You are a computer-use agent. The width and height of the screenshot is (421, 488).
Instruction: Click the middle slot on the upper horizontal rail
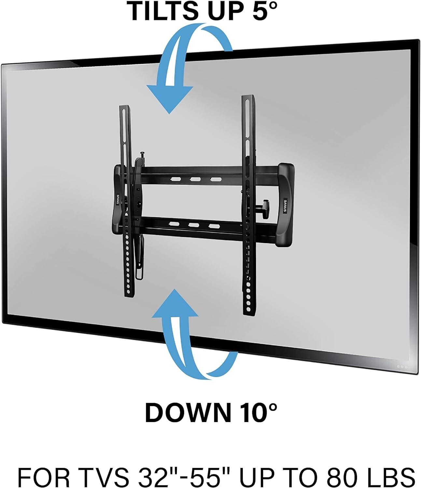[x=195, y=180]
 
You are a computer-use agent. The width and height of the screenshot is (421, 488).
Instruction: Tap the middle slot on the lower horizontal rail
[x=193, y=225]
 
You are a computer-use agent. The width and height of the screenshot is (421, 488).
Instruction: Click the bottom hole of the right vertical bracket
[x=248, y=308]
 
